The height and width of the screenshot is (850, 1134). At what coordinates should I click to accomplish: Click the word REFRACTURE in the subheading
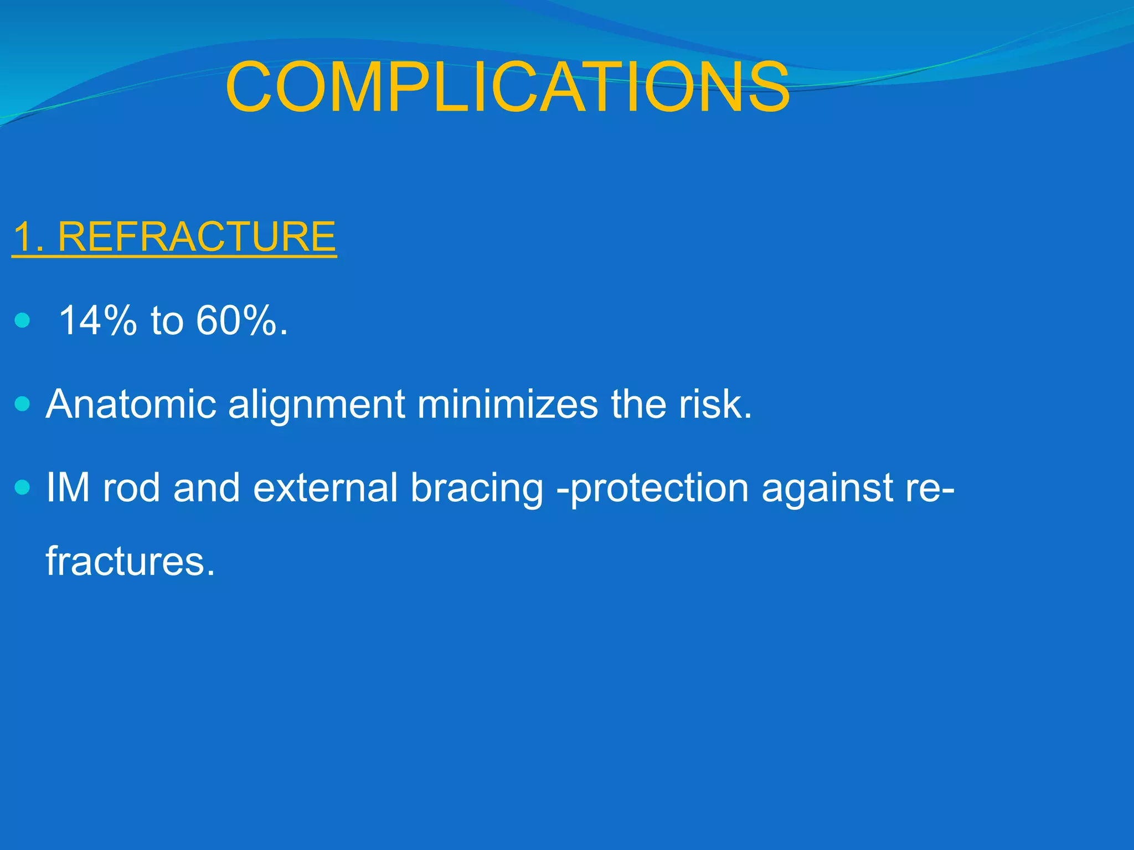tap(197, 237)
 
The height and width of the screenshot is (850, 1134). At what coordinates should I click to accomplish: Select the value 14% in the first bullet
tap(97, 320)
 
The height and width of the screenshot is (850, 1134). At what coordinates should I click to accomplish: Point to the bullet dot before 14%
tap(23, 320)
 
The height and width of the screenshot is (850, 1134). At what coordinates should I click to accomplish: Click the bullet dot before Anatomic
tap(23, 404)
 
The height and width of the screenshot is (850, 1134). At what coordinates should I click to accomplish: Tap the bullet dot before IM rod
tap(23, 488)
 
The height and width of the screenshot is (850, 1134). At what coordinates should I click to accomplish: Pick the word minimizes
tap(507, 404)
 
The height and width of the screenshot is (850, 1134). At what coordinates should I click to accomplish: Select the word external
tap(325, 488)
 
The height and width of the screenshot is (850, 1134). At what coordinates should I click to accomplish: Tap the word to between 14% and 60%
tap(167, 320)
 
